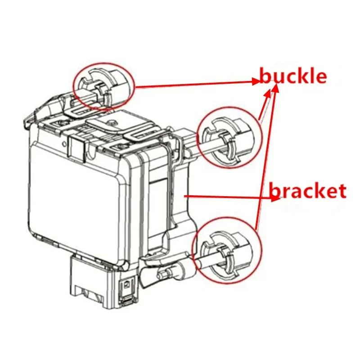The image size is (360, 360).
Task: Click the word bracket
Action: click(x=308, y=191)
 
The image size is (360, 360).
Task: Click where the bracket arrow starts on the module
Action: click(x=185, y=195)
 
